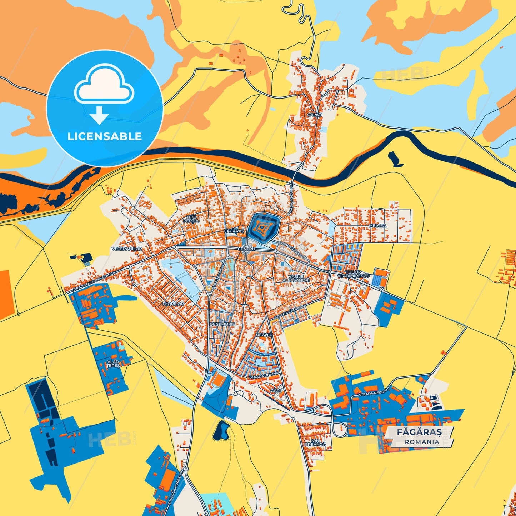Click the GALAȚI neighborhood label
tap(314, 115)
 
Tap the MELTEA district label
tap(377, 226)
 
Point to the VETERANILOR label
tap(127, 249)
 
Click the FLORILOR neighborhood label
tap(173, 304)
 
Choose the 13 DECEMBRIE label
tap(222, 322)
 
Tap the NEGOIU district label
tap(264, 335)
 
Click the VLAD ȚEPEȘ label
tap(113, 364)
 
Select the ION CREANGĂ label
tap(315, 442)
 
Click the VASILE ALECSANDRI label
tap(296, 278)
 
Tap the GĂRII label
tap(276, 391)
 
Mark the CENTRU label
tap(246, 249)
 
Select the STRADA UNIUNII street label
tap(263, 376)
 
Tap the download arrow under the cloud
tap(99, 115)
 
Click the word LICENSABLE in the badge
tap(105, 136)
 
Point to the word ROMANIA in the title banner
tap(422, 442)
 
